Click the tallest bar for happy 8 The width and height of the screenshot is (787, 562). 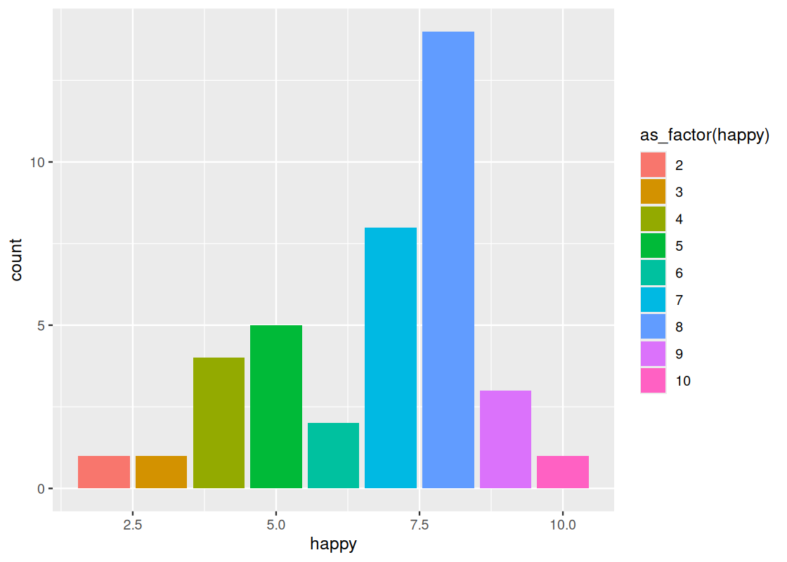pos(448,260)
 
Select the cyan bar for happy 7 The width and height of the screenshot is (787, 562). pos(391,358)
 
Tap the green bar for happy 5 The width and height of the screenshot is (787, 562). pos(276,407)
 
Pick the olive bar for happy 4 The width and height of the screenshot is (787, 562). pos(219,423)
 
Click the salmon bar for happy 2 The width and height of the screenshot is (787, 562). pos(104,472)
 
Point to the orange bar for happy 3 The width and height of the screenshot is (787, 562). pos(161,472)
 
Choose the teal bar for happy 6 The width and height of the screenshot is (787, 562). pos(333,455)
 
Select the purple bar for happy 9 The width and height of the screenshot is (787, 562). pos(505,439)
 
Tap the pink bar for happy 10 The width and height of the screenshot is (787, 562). pos(563,472)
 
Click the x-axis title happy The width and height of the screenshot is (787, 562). pos(333,544)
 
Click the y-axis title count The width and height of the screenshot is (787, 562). pos(16,260)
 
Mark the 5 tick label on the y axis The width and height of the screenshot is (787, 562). pos(41,325)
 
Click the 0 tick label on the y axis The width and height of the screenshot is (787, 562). pos(41,488)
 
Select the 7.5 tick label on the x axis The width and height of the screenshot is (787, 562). pos(419,525)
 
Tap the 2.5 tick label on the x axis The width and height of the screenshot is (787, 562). pos(133,525)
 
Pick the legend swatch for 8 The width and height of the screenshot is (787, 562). pos(653,327)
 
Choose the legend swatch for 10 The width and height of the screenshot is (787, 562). pos(653,381)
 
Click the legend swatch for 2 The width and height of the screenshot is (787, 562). pos(653,165)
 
